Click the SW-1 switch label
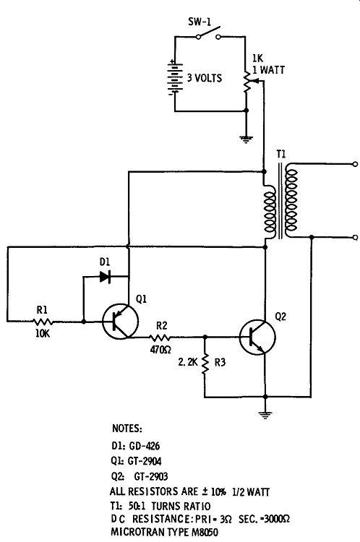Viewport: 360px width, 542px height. click(x=200, y=22)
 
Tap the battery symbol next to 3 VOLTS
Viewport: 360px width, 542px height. click(x=175, y=77)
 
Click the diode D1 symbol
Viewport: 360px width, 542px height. click(x=105, y=277)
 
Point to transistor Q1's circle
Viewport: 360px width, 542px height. click(x=120, y=322)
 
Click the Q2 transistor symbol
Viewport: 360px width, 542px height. click(x=257, y=337)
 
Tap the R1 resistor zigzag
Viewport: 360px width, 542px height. click(x=43, y=322)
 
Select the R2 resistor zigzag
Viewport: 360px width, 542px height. click(x=160, y=337)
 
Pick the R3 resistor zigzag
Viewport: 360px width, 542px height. click(x=205, y=363)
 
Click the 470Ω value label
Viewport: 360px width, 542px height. click(x=160, y=350)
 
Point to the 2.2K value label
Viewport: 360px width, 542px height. click(x=188, y=362)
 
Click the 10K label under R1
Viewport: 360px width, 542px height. click(x=43, y=334)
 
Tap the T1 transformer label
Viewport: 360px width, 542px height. click(x=281, y=154)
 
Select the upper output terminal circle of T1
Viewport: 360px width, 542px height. click(x=354, y=164)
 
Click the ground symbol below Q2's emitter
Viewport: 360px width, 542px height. click(x=265, y=414)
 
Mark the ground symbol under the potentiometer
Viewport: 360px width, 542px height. click(x=246, y=139)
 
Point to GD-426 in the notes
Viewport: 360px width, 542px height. click(x=144, y=446)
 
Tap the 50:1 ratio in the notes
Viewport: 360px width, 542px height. click(x=137, y=507)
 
